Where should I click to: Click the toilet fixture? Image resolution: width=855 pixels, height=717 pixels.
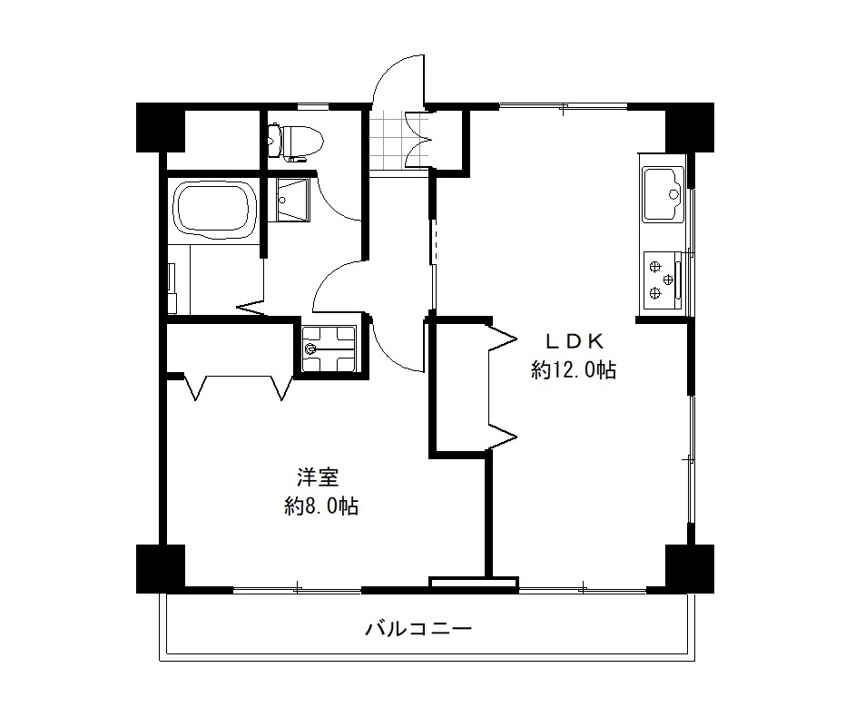pyautogui.click(x=296, y=142)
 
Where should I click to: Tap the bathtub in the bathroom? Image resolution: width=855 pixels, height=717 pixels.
pyautogui.click(x=215, y=211)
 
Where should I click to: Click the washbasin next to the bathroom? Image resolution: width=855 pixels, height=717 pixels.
pyautogui.click(x=292, y=200)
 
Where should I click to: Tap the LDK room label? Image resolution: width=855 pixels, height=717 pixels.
pyautogui.click(x=575, y=342)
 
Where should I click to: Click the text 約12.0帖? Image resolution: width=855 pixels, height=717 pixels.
pyautogui.click(x=574, y=370)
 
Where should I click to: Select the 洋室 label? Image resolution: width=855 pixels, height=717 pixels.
pyautogui.click(x=318, y=477)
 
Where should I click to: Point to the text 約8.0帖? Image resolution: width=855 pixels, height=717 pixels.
pyautogui.click(x=321, y=506)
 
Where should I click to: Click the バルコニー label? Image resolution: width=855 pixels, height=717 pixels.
pyautogui.click(x=418, y=629)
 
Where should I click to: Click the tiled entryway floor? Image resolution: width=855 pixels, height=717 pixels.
pyautogui.click(x=389, y=141)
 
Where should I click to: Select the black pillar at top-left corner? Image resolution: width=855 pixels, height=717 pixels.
pyautogui.click(x=161, y=127)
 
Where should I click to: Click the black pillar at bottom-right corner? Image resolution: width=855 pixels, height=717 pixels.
pyautogui.click(x=690, y=569)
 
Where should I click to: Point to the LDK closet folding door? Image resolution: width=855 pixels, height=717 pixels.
pyautogui.click(x=502, y=388)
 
